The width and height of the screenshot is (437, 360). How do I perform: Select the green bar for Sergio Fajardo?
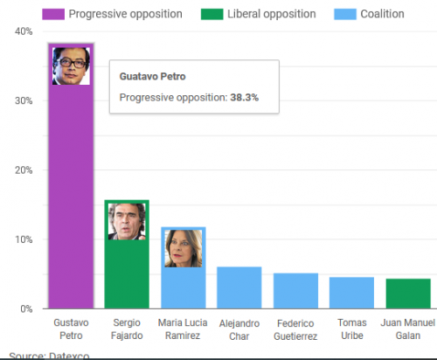click(x=127, y=273)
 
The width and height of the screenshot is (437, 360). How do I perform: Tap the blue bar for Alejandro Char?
click(x=239, y=287)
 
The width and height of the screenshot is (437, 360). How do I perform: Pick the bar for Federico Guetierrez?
click(x=295, y=291)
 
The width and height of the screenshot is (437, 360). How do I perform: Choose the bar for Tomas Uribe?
click(x=351, y=293)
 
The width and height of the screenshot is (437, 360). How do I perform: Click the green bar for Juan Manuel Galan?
click(x=408, y=294)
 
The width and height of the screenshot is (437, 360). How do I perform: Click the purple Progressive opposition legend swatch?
click(x=53, y=14)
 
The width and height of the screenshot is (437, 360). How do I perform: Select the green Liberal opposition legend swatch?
click(x=212, y=14)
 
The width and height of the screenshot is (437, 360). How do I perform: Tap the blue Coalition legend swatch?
click(x=345, y=14)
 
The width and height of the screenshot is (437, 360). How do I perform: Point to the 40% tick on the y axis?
click(x=24, y=31)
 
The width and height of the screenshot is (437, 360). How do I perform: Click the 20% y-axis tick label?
click(x=24, y=170)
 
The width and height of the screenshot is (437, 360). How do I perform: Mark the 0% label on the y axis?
click(x=26, y=308)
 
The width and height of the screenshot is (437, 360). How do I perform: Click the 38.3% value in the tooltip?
click(x=244, y=97)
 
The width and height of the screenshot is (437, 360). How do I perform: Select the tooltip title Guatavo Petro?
click(x=152, y=76)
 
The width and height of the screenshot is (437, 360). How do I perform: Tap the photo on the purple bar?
click(x=71, y=66)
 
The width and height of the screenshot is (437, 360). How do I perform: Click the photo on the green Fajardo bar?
click(x=127, y=222)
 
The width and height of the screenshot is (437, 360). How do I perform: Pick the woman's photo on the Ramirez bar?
click(x=184, y=248)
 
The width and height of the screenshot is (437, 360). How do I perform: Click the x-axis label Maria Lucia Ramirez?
click(x=183, y=329)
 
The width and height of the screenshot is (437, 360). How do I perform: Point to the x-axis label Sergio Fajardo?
click(x=127, y=329)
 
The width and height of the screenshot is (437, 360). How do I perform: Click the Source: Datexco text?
click(x=49, y=356)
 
